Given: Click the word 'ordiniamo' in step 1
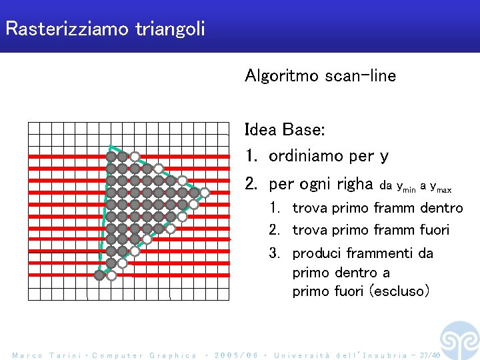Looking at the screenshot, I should click(306, 157).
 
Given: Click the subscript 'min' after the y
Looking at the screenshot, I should click(409, 189).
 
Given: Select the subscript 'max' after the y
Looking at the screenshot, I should click(444, 189).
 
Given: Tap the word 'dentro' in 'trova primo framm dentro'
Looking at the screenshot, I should click(441, 208).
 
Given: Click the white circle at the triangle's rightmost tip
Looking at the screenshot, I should click(205, 193).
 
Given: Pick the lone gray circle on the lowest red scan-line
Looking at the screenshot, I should click(99, 275).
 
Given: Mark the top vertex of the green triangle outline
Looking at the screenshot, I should click(111, 147).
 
